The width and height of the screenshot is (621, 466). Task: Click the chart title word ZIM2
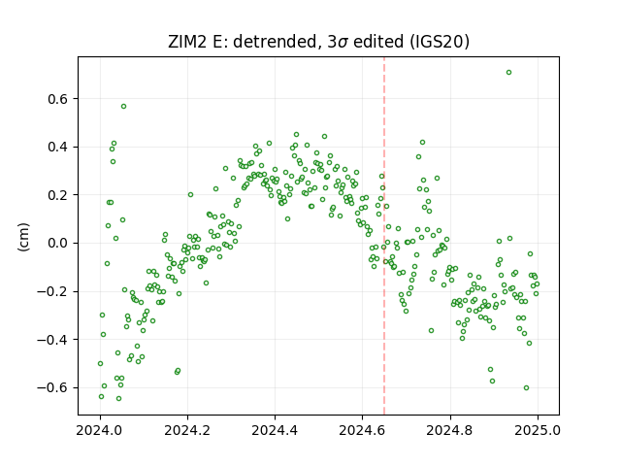(x=187, y=42)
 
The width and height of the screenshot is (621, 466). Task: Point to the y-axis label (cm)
(x=23, y=237)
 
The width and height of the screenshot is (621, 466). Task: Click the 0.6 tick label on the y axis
(x=57, y=99)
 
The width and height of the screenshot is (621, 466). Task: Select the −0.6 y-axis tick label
(x=52, y=387)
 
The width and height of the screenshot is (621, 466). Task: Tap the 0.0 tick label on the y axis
(x=57, y=244)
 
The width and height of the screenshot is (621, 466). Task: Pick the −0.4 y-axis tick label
(x=52, y=340)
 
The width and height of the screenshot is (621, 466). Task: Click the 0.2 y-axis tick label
(x=57, y=195)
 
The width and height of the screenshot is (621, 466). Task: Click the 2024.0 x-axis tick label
(x=100, y=430)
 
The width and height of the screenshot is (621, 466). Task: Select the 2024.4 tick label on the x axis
(x=275, y=430)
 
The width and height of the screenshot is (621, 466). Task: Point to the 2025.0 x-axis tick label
(x=538, y=430)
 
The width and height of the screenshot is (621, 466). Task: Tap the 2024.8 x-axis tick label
(x=450, y=430)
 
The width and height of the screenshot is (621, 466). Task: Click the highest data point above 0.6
(x=508, y=73)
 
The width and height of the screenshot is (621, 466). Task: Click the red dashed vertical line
(x=384, y=236)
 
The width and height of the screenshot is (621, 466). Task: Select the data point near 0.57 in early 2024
(x=123, y=106)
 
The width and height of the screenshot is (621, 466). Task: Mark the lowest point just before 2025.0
(x=526, y=388)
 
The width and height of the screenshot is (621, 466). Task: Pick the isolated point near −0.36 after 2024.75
(x=431, y=330)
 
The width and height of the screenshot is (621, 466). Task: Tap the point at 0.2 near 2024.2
(x=190, y=194)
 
